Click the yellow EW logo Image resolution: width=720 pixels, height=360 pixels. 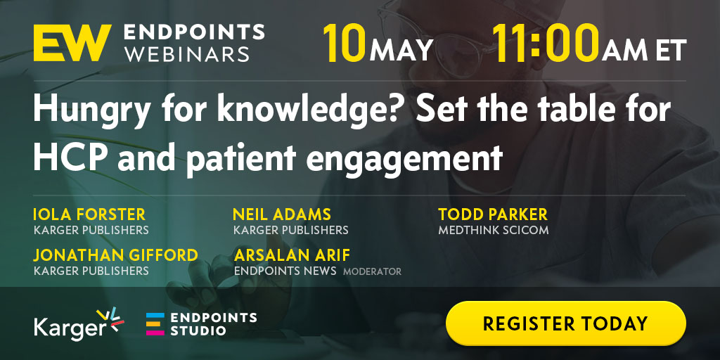point(72,43)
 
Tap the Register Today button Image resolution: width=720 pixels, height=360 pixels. point(566,323)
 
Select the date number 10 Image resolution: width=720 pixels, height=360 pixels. point(345,44)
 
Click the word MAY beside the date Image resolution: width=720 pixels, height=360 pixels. point(401,50)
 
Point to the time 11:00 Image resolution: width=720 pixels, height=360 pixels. point(546,44)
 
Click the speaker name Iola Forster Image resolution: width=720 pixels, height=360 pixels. point(89,214)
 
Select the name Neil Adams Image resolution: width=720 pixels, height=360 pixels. point(282,214)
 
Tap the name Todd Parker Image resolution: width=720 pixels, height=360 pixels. point(493,214)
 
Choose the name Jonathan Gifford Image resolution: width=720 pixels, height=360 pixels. point(116,255)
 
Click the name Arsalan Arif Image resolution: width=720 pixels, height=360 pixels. point(292,255)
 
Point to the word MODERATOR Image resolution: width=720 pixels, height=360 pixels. point(373,272)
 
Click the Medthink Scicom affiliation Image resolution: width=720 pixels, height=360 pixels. point(494,230)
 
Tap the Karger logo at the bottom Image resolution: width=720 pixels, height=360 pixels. point(79,323)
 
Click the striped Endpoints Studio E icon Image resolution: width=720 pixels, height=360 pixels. point(155,323)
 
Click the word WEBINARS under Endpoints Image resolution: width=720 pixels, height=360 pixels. point(187,54)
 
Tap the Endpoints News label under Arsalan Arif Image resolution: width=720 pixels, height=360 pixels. point(285,271)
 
